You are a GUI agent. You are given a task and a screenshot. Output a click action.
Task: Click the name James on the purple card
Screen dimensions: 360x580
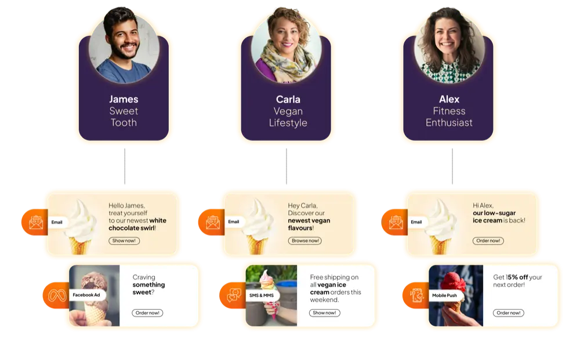coord(124,99)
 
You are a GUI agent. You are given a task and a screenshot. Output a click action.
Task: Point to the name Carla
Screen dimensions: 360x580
coord(288,99)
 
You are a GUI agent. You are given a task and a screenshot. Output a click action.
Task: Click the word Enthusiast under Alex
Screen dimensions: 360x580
coord(449,122)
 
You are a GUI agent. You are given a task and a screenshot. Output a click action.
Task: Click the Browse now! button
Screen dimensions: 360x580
coord(305,241)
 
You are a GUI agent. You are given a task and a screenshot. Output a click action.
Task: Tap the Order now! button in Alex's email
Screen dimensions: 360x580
coord(488,241)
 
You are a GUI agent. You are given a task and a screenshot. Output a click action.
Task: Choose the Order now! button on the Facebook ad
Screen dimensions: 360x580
coord(147,313)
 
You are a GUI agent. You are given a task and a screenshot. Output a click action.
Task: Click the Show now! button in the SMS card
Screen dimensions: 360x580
coord(325,313)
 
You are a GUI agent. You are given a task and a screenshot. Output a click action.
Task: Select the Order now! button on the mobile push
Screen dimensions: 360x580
coord(508,313)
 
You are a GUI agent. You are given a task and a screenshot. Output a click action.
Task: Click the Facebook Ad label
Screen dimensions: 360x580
coord(86,295)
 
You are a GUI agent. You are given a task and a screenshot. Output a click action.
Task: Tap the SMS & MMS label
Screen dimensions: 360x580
coord(261,295)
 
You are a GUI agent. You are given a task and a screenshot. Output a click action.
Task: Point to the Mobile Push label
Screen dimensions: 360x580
coord(444,295)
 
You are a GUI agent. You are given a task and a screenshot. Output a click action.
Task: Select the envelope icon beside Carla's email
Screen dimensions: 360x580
coord(213,222)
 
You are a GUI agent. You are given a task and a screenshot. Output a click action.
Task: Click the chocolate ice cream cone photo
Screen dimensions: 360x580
coord(94,296)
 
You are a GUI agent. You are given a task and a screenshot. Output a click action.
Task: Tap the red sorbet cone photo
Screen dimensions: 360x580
coord(456,296)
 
